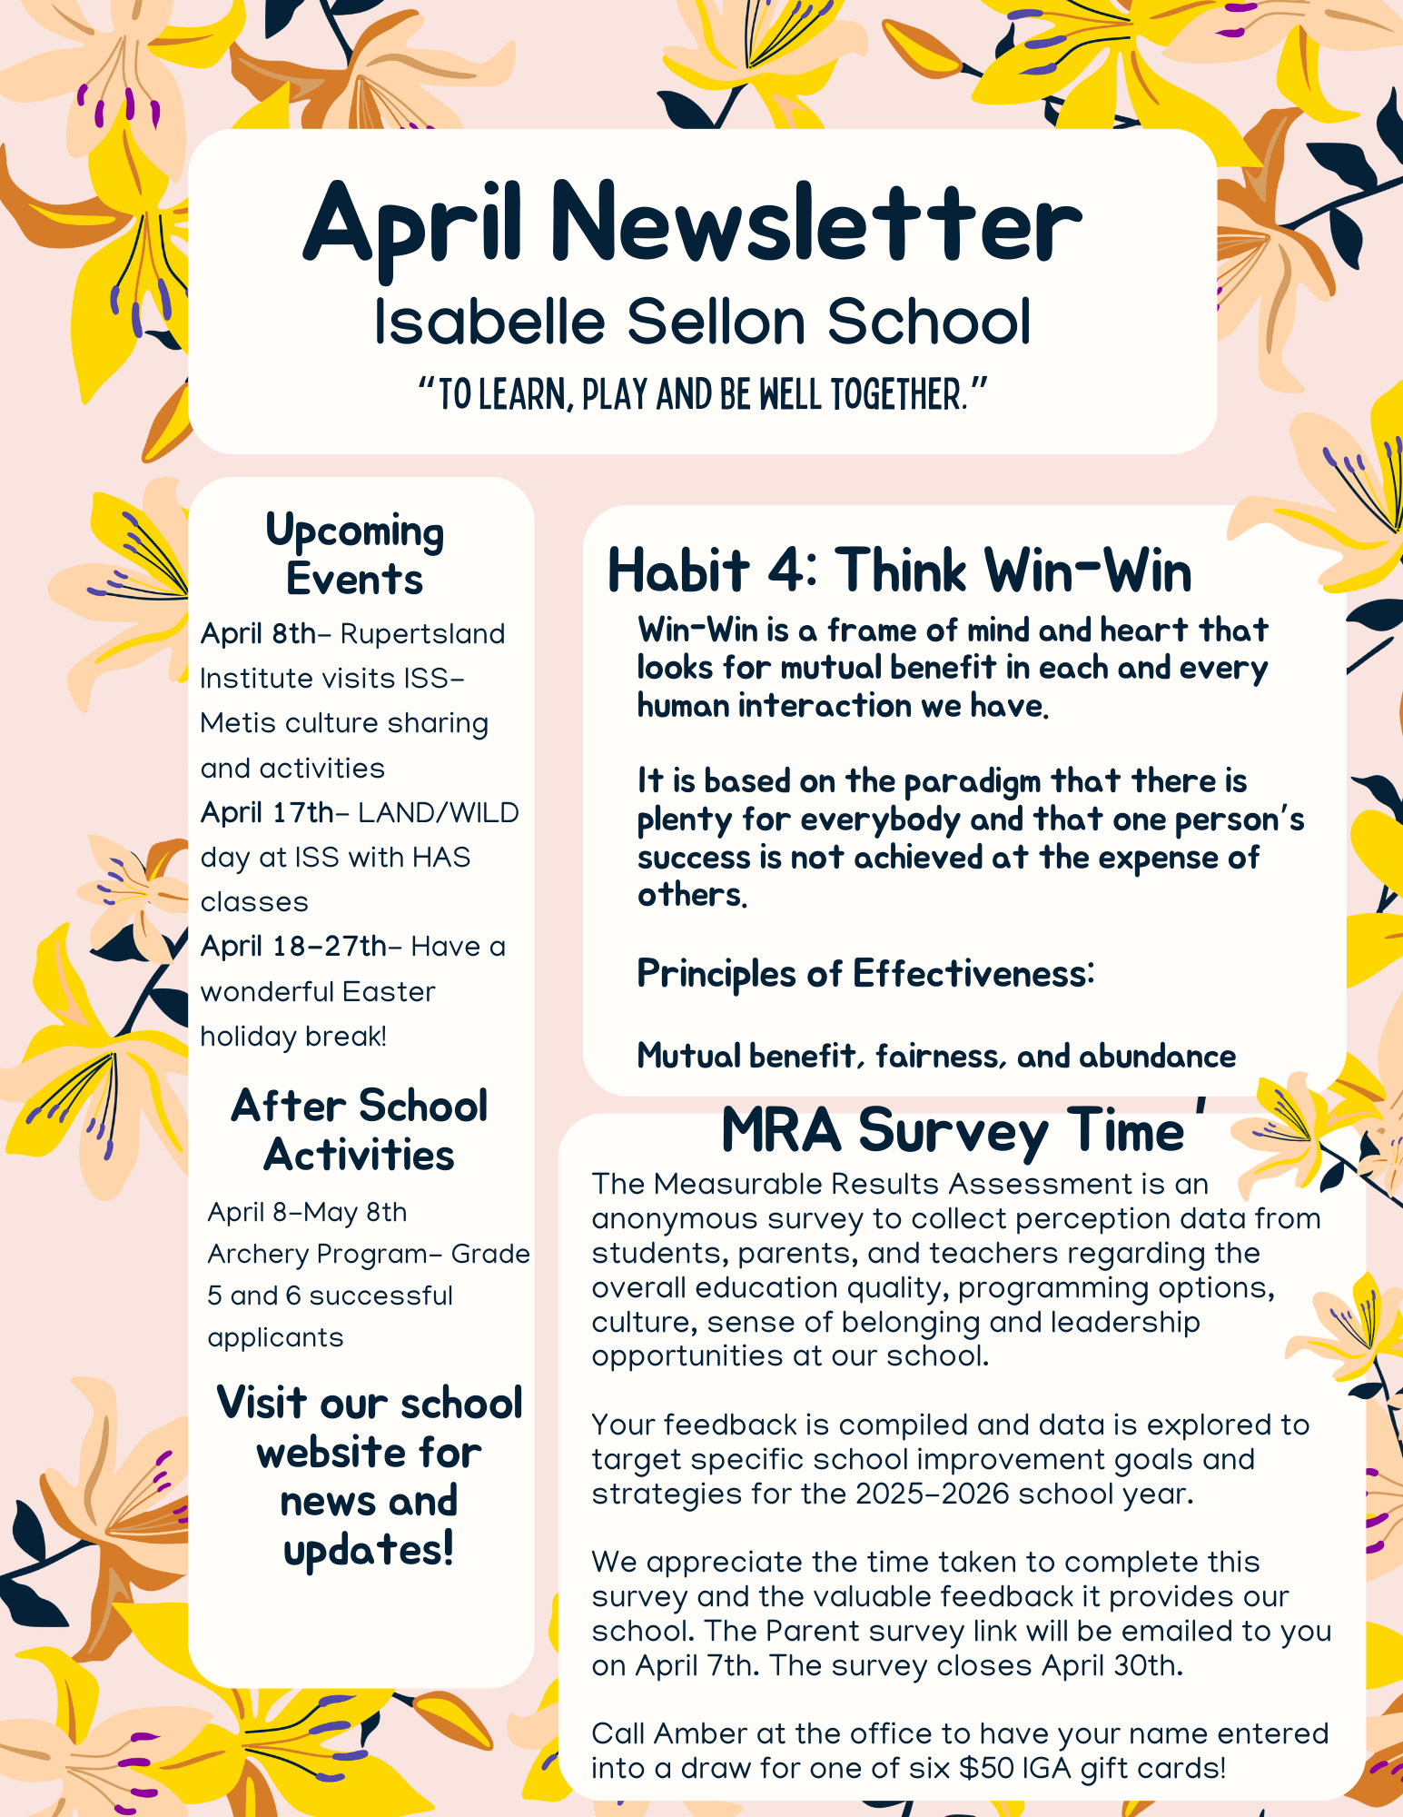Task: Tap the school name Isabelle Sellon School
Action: [702, 322]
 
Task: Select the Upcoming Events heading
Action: [354, 554]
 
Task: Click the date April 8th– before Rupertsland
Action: [260, 634]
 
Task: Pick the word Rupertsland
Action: [422, 634]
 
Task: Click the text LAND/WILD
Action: [440, 813]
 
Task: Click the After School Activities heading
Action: [360, 1130]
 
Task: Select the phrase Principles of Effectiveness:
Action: [865, 974]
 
